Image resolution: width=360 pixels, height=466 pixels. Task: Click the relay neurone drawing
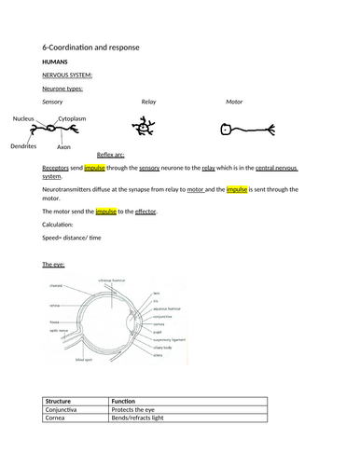(x=146, y=125)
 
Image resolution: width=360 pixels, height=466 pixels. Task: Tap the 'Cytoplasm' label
(x=76, y=119)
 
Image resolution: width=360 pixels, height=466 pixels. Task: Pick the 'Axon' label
(x=62, y=147)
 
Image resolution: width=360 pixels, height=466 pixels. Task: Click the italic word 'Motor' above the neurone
(x=234, y=101)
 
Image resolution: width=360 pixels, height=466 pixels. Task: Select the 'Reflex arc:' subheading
(x=112, y=156)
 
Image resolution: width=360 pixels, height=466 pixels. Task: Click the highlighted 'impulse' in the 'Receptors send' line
(x=95, y=170)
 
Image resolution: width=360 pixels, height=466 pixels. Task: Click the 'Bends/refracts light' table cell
(x=140, y=418)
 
